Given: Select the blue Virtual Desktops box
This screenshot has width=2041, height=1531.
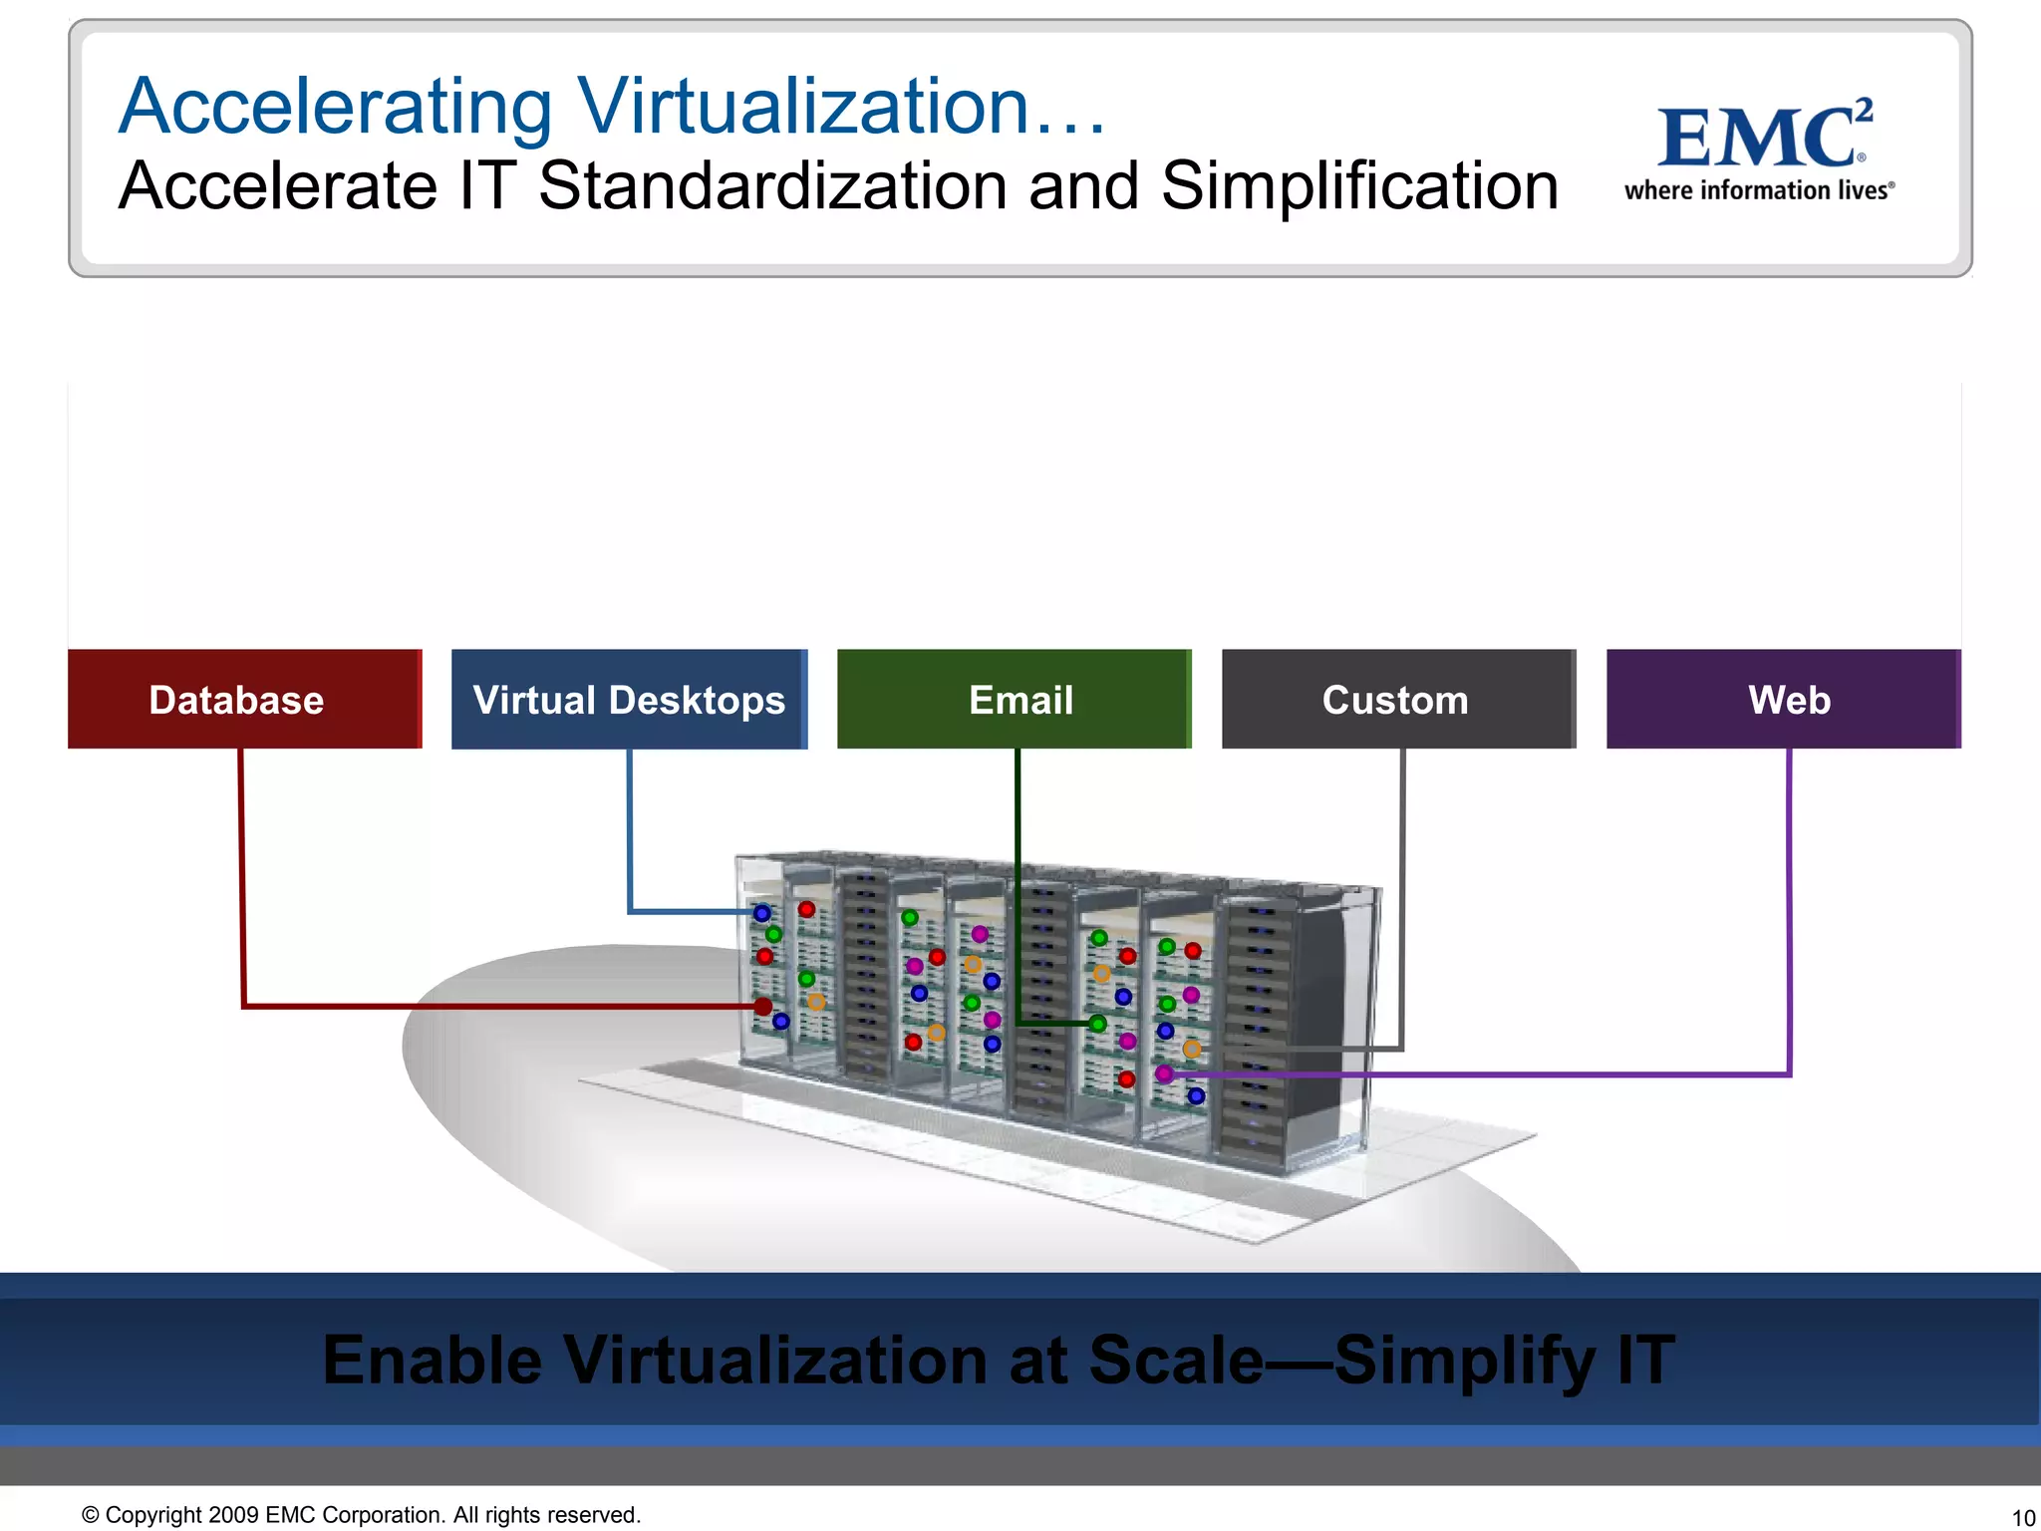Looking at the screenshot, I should click(629, 699).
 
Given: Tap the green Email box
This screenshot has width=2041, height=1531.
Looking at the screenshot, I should click(1015, 699).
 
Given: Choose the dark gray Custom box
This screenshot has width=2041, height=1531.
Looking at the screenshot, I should click(1398, 699).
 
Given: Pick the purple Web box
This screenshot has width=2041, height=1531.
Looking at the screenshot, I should click(1784, 699).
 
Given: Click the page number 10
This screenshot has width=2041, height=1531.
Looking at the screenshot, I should click(2023, 1518).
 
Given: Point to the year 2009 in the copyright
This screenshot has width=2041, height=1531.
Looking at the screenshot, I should click(234, 1515).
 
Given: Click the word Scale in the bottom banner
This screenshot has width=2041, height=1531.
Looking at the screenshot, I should click(1176, 1360).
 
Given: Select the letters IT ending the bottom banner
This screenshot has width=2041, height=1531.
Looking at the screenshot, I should click(1645, 1360).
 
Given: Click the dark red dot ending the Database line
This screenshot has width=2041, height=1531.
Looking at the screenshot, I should click(763, 1007).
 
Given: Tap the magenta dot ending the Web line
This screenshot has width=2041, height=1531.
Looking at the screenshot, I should click(1164, 1073).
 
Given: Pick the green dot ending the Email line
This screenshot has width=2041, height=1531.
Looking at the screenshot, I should click(1097, 1024).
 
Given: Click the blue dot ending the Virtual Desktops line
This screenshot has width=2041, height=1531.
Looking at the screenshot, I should click(762, 913).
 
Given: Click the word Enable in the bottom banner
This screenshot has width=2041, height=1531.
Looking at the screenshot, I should click(432, 1360).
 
